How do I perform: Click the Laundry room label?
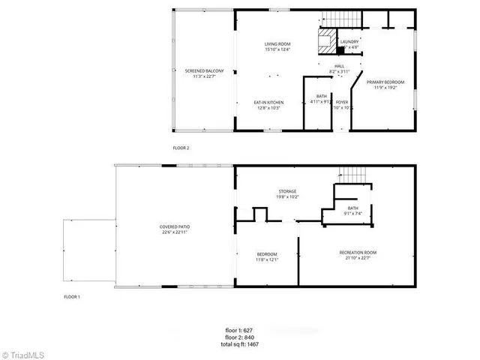click(349, 45)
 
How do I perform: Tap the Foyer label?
click(342, 104)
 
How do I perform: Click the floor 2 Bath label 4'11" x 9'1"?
click(320, 98)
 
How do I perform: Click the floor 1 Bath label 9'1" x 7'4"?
click(352, 211)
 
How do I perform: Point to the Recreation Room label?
click(357, 256)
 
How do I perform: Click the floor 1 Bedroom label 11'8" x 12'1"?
click(268, 257)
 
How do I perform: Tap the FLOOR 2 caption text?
click(181, 148)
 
